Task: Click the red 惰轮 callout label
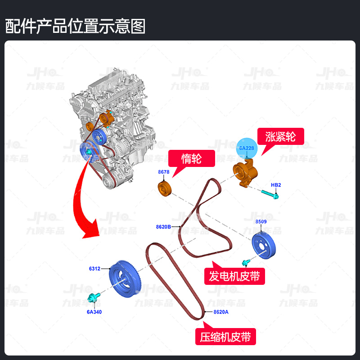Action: tap(191, 158)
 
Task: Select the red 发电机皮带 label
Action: tap(234, 276)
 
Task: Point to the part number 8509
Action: tap(261, 222)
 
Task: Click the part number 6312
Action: tap(94, 269)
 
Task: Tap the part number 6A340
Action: tap(95, 311)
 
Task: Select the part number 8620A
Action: tap(221, 312)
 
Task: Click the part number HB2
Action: tap(276, 185)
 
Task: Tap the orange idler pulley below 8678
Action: tap(165, 189)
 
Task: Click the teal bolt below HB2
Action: tap(270, 194)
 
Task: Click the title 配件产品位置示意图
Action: tap(76, 27)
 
